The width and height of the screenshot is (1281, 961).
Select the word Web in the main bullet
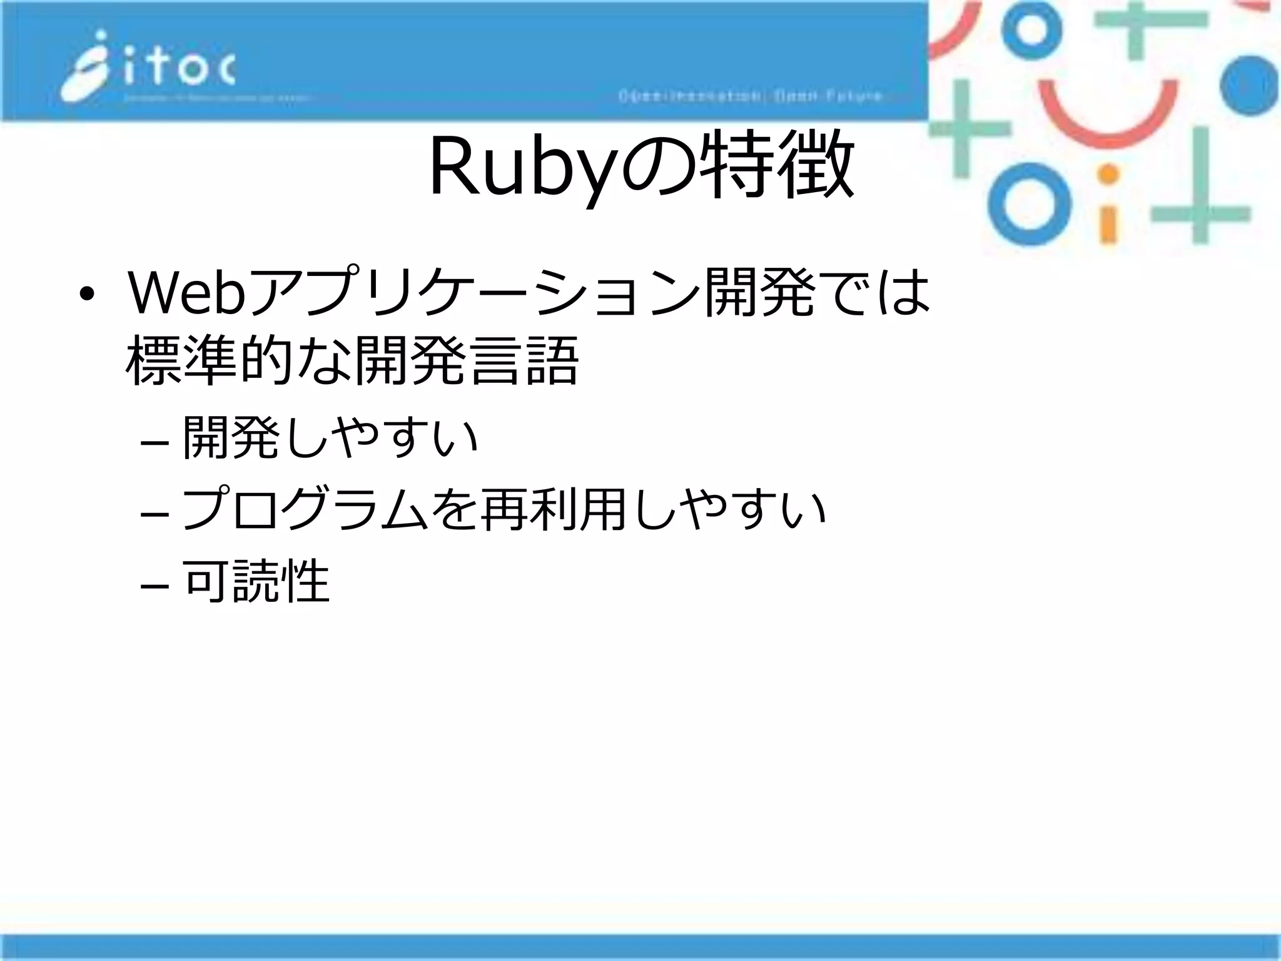185,293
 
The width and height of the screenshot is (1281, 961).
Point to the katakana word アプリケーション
472,293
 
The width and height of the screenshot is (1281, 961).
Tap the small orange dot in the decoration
1108,173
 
